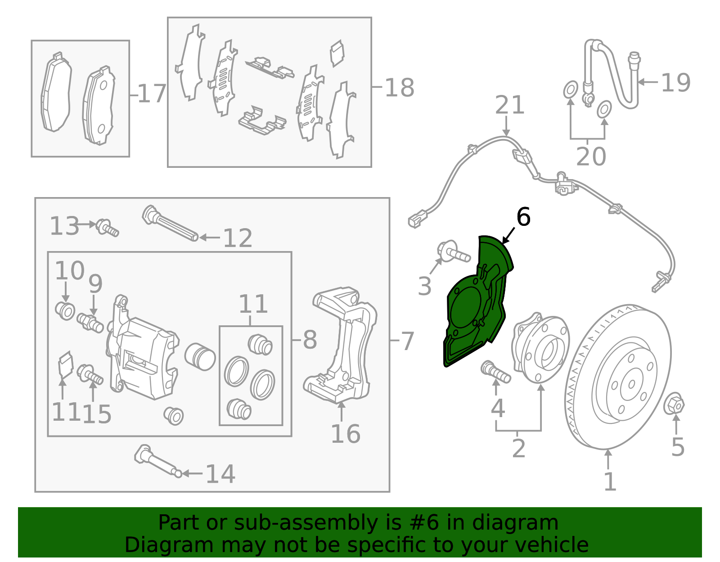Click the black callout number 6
[523, 217]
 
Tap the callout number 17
[152, 94]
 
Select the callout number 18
[399, 88]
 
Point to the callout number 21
[509, 105]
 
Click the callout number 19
[675, 83]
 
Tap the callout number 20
[591, 157]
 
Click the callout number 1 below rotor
[609, 482]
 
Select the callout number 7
[407, 341]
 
